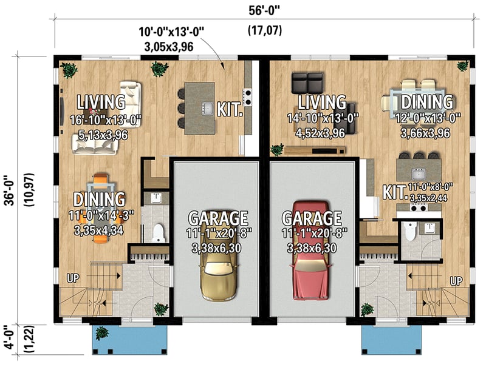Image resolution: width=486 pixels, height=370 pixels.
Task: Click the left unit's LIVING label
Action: coord(101,101)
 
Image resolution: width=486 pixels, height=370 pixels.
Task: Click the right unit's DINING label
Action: coord(426,101)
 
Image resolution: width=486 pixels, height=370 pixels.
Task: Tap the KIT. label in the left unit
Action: coord(230,110)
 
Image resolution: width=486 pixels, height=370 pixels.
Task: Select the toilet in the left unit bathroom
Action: coord(159,232)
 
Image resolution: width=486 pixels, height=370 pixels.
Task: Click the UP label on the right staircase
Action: coord(456,281)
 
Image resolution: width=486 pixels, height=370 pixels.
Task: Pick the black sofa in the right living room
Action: coord(307,82)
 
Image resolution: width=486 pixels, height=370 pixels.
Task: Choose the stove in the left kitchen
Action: coord(248,94)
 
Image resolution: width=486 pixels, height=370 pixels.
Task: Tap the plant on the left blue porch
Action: coord(102,333)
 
